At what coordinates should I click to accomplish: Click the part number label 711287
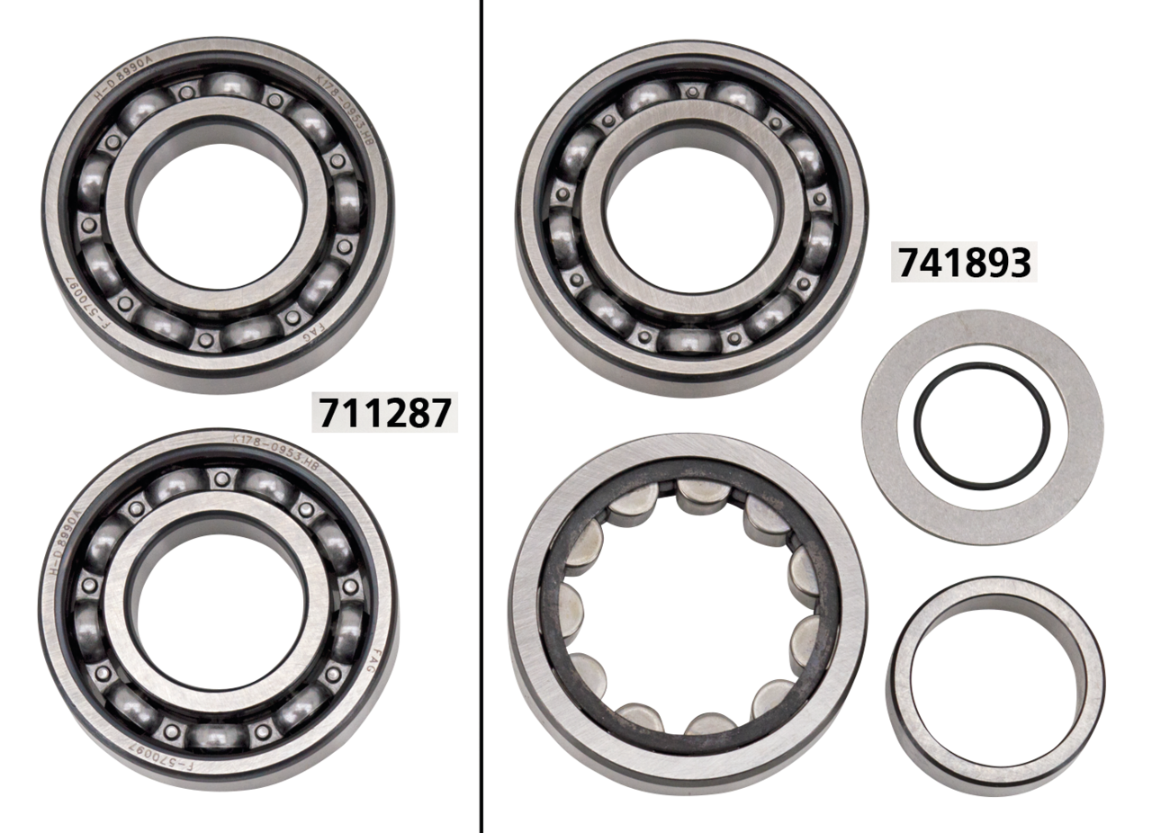383,412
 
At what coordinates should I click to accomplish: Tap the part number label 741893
962,262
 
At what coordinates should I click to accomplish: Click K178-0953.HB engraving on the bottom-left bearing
275,446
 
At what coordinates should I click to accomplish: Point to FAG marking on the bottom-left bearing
371,667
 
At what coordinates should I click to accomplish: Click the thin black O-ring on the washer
982,425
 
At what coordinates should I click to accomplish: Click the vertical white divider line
478,416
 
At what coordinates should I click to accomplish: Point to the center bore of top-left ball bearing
216,215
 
